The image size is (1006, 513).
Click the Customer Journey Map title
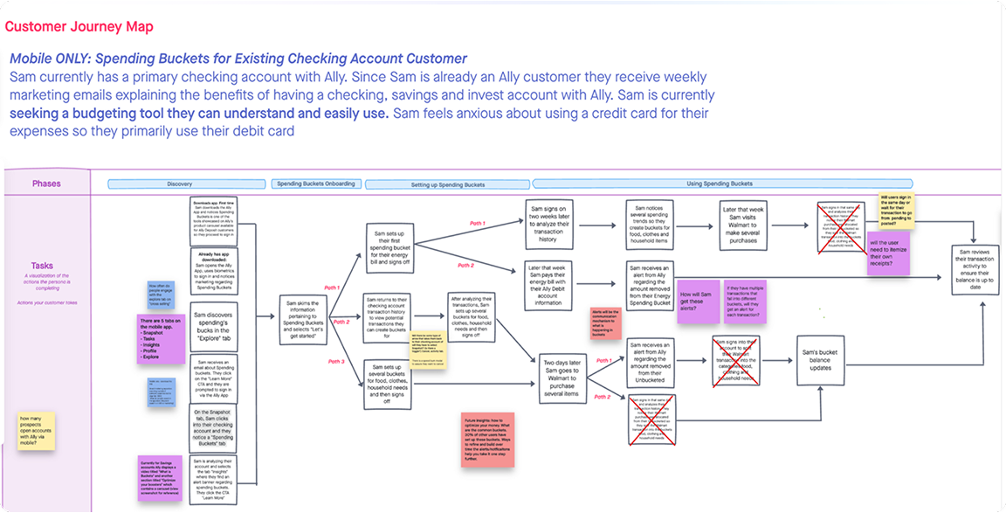[x=79, y=27]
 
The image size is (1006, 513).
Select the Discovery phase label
[x=179, y=184]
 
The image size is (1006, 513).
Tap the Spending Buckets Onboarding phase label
[x=315, y=184]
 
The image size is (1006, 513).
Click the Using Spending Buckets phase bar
[x=722, y=184]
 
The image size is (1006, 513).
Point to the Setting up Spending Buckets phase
[x=447, y=184]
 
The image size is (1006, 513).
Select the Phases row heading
[x=46, y=184]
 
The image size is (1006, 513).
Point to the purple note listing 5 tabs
[x=161, y=339]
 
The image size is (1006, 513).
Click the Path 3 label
[x=337, y=361]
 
